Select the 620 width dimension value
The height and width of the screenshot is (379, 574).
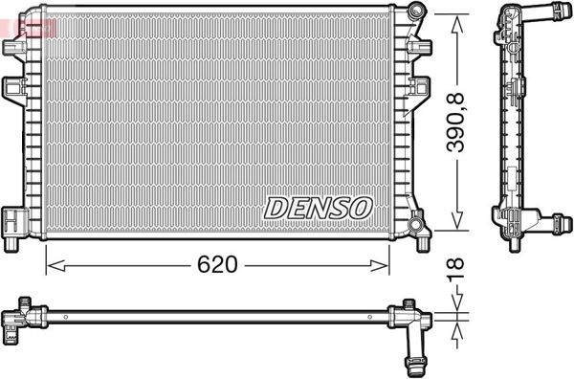218,264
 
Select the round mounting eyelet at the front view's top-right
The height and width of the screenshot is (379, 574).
414,11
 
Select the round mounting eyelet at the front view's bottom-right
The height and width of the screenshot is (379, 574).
416,225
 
